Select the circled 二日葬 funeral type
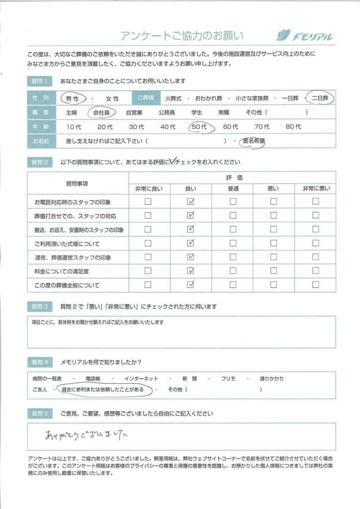coord(320,98)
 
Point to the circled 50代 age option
coord(200,127)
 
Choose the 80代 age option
coord(293,127)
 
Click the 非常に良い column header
coord(148,189)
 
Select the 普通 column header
coord(232,189)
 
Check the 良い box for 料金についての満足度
coord(190,271)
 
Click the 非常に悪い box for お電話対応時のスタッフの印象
coord(315,202)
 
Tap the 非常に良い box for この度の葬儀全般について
coord(148,285)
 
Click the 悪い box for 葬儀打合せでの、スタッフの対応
coord(273,216)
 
